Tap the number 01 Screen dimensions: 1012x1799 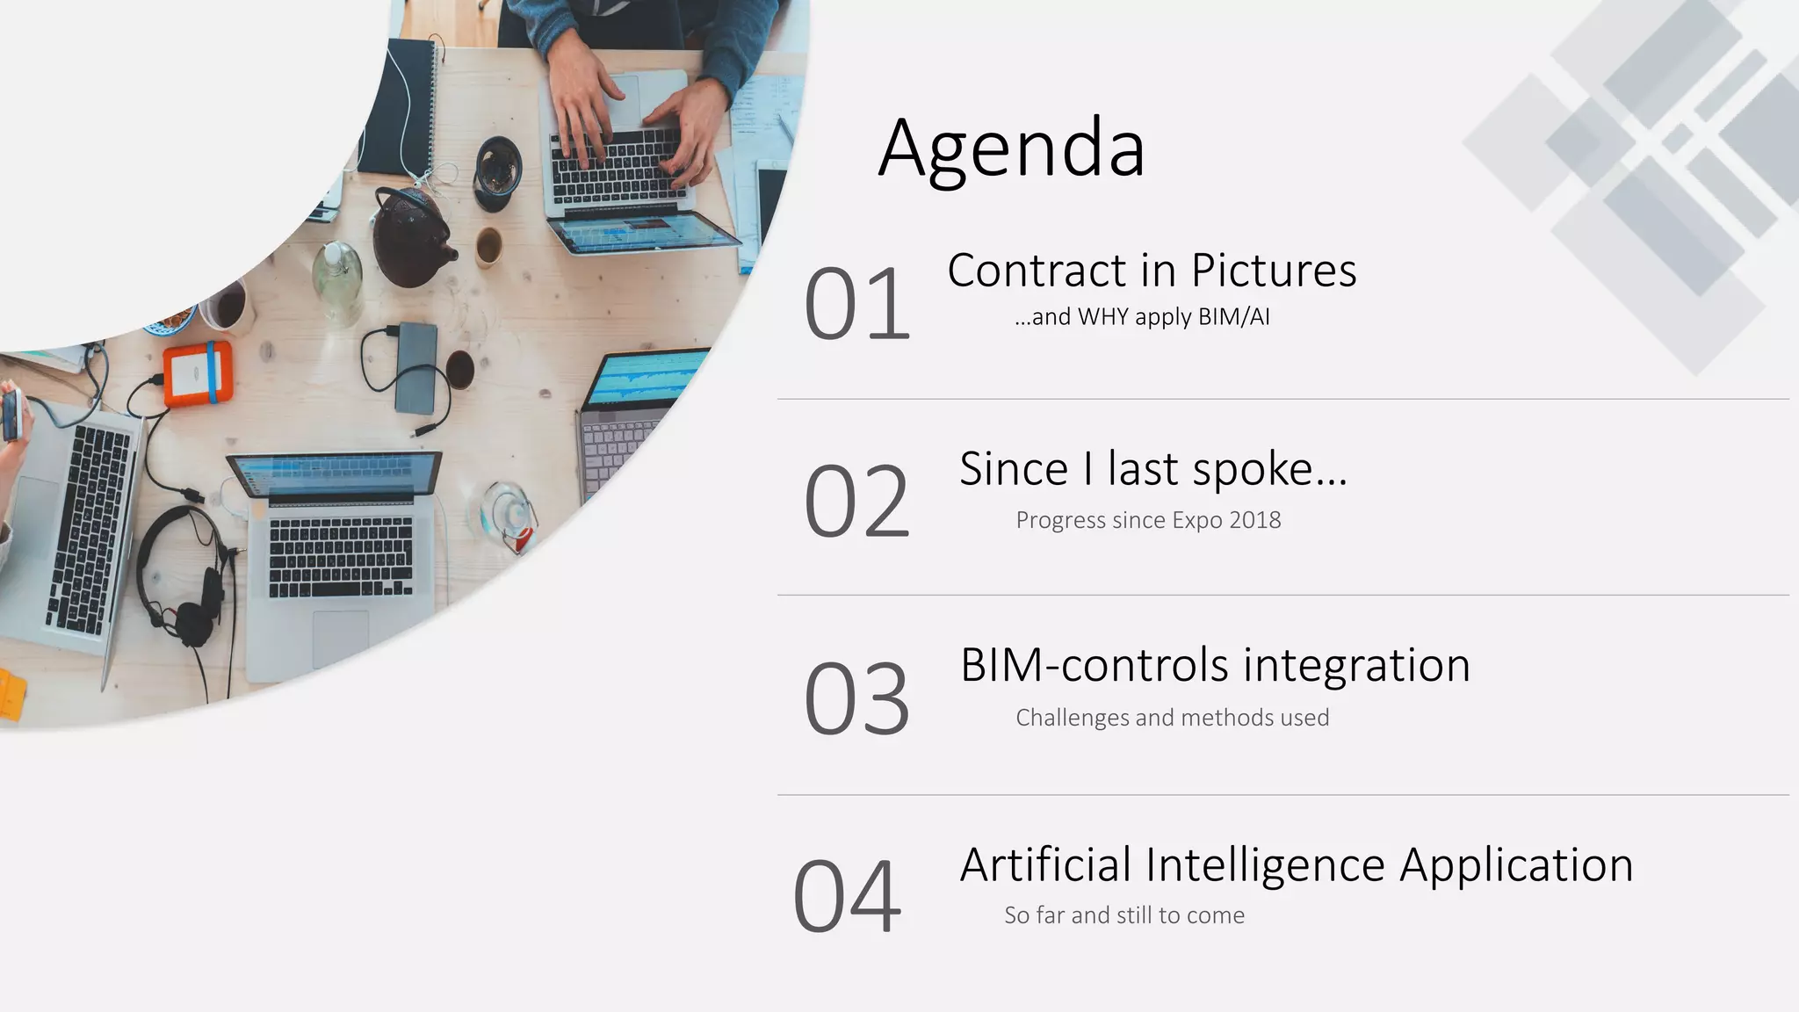[x=856, y=304]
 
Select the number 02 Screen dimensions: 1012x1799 [x=856, y=502]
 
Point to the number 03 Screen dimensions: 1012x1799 [x=856, y=699]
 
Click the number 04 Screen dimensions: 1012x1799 [x=847, y=897]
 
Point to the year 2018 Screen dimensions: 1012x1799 [x=1254, y=520]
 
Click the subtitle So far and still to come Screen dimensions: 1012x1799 [x=1124, y=915]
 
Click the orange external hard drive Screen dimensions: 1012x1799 [x=198, y=373]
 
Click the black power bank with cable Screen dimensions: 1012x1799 [x=416, y=367]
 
